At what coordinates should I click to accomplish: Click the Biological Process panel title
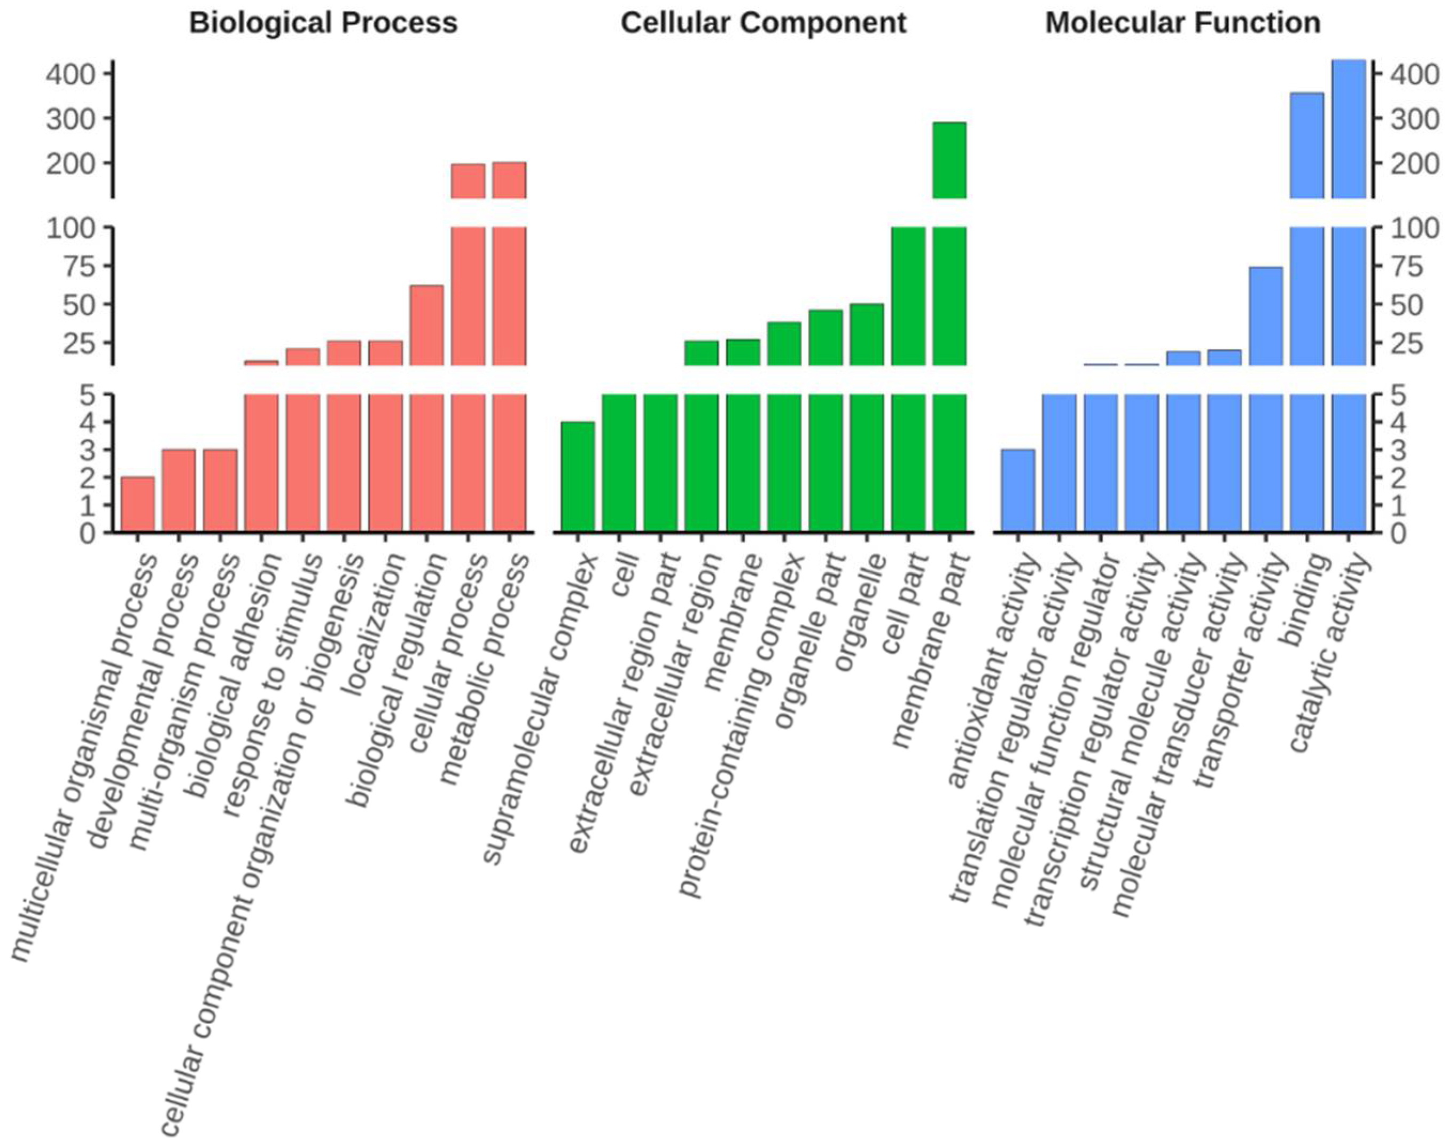(323, 24)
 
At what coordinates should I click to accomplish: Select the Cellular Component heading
(763, 24)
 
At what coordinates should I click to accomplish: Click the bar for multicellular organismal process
(137, 505)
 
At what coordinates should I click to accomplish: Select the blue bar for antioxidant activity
(1017, 491)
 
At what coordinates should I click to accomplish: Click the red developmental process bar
(179, 491)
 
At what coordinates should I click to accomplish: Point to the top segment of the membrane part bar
(949, 160)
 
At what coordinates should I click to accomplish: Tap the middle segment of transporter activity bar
(1266, 316)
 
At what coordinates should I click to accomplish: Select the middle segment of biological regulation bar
(426, 326)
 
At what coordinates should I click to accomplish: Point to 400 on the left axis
(71, 74)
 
